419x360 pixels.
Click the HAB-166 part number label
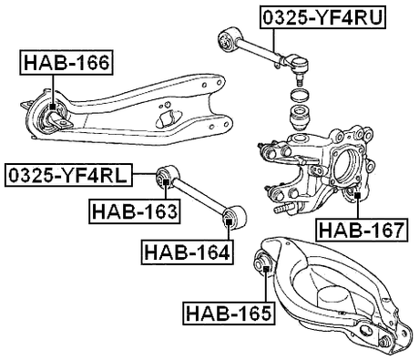click(66, 63)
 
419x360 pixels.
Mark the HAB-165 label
click(229, 314)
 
